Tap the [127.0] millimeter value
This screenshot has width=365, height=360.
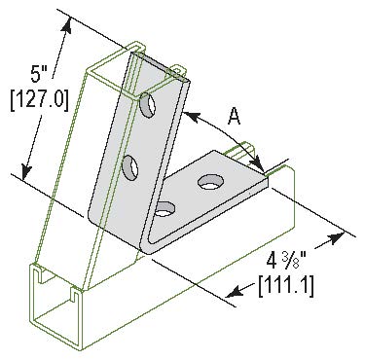click(x=40, y=100)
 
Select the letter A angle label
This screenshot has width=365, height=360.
click(x=234, y=117)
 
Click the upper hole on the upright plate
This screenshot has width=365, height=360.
click(x=148, y=105)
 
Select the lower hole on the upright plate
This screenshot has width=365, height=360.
click(x=129, y=167)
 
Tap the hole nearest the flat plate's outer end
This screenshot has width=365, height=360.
click(x=210, y=182)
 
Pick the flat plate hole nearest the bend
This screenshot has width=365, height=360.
click(x=164, y=209)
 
